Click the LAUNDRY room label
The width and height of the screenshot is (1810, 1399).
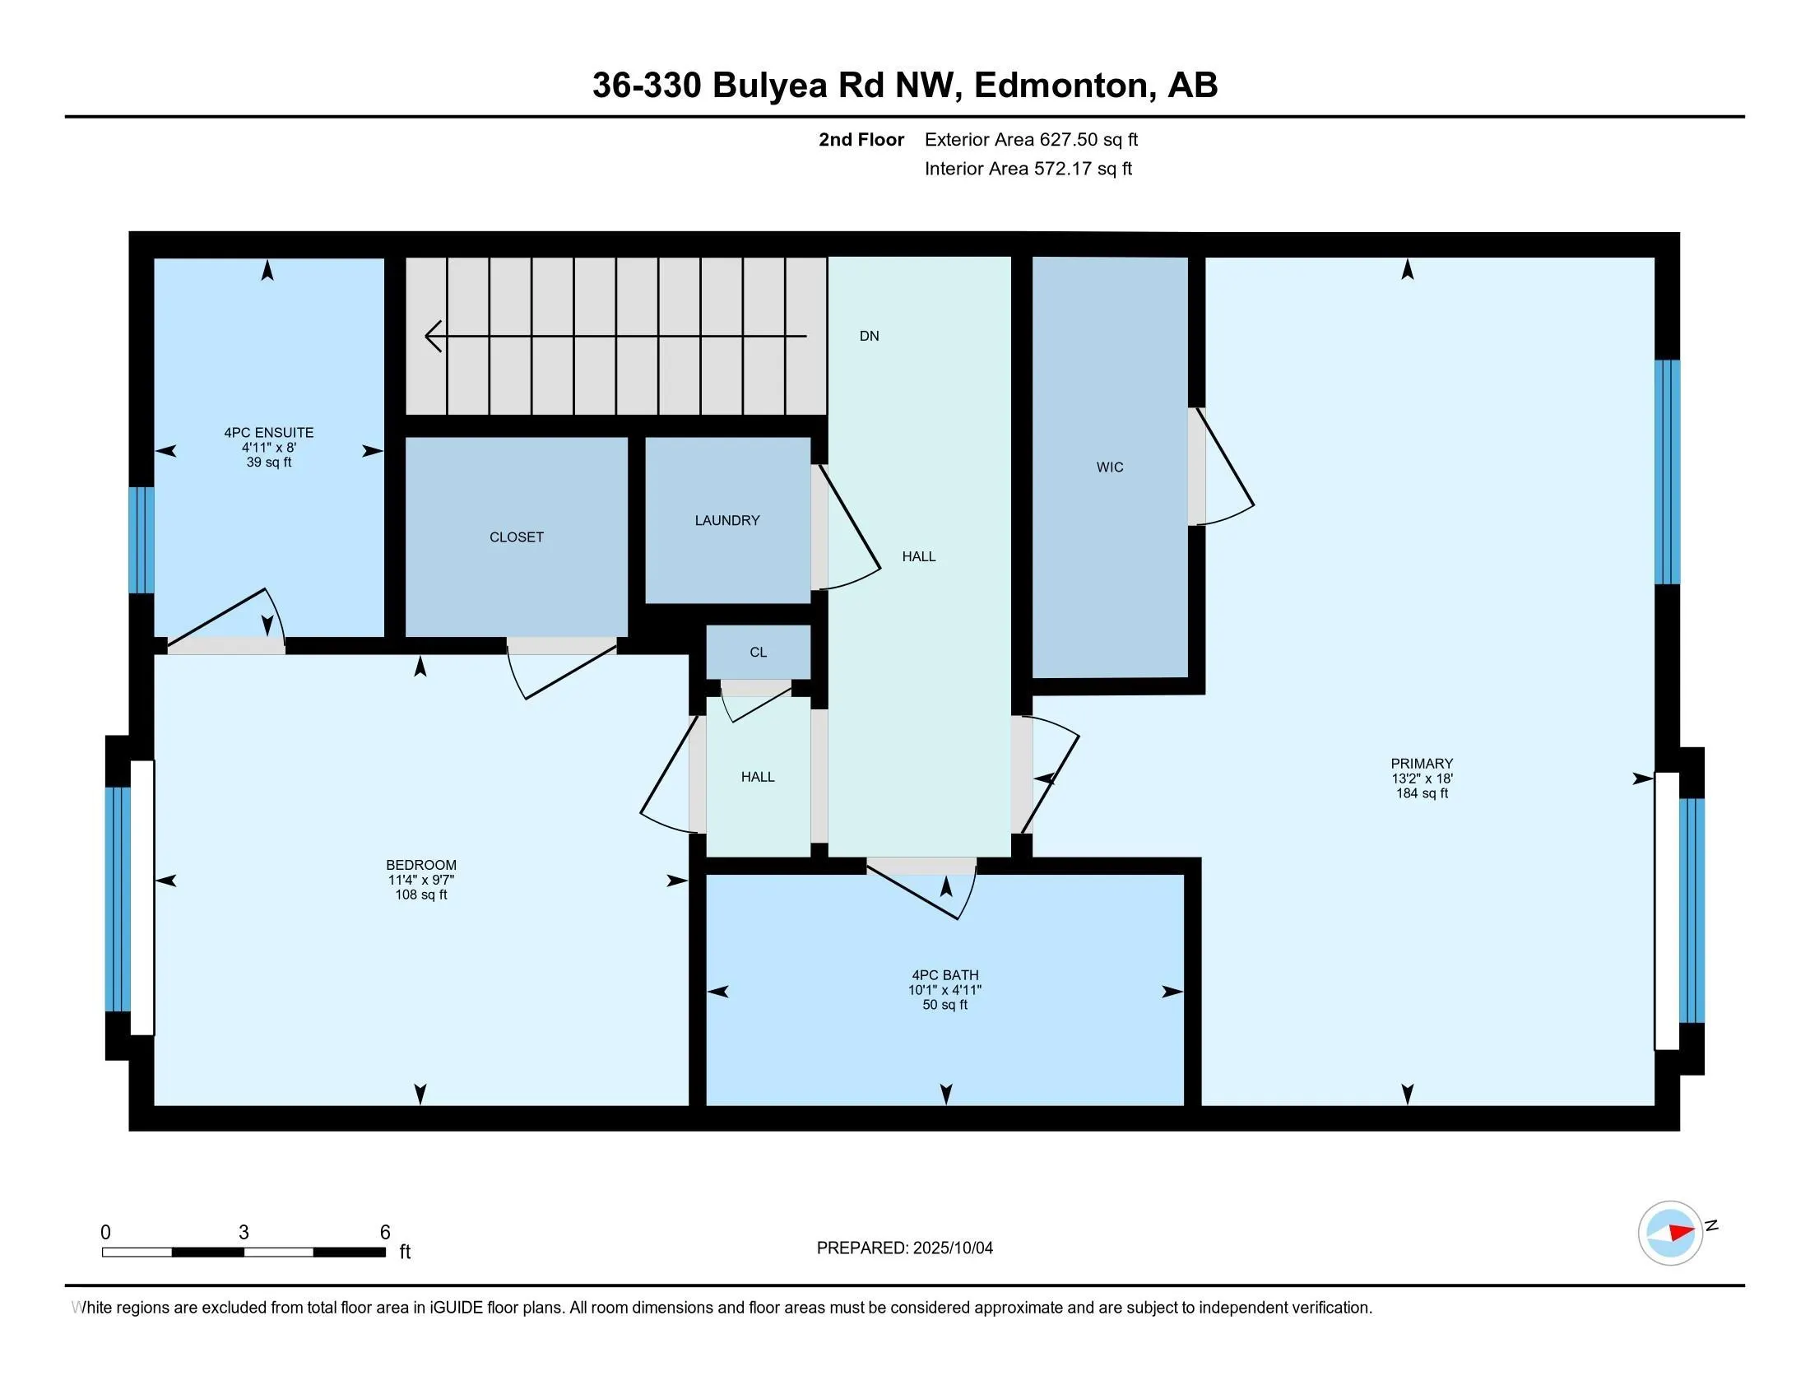[x=726, y=520]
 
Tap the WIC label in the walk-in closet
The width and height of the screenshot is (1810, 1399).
[x=1110, y=467]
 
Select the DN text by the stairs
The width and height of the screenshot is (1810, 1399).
[x=870, y=336]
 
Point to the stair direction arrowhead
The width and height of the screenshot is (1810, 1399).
[x=434, y=336]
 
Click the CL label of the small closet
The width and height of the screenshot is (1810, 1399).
[x=759, y=653]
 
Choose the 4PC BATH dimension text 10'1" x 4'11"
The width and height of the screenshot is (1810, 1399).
[x=944, y=989]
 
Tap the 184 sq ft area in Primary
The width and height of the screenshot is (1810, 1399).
[x=1422, y=793]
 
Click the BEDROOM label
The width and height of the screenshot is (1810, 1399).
[x=421, y=865]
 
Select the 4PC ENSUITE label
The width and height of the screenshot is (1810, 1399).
[x=268, y=433]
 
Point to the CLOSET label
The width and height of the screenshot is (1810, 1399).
[x=517, y=537]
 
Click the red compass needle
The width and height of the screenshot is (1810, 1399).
[x=1680, y=1232]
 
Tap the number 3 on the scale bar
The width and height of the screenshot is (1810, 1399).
[x=244, y=1233]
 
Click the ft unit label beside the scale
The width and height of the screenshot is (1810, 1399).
[x=406, y=1252]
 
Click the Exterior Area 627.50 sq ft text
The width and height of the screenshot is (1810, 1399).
[x=1032, y=139]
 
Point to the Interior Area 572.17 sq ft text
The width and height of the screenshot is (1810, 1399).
[x=1028, y=168]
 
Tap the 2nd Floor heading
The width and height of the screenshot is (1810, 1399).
[x=861, y=139]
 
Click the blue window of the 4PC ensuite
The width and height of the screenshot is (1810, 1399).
[x=141, y=540]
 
